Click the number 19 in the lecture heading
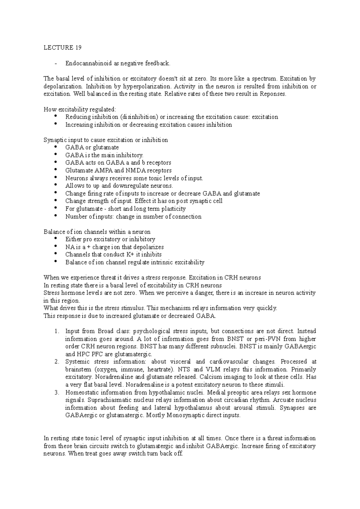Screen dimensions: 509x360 [x=78, y=48]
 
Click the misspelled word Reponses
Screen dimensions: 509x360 [x=273, y=94]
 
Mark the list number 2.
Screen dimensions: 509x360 [x=57, y=362]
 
